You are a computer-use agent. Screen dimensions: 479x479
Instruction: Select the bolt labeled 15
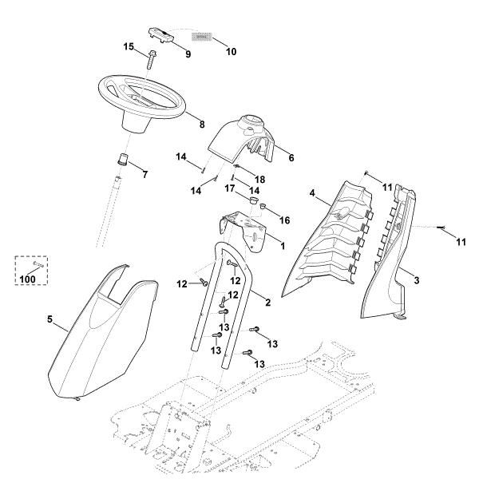(x=151, y=57)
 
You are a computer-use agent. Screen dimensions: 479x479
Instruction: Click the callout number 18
(x=259, y=179)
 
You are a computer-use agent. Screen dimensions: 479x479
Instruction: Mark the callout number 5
(x=50, y=321)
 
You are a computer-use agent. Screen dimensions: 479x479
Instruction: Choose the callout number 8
(x=202, y=125)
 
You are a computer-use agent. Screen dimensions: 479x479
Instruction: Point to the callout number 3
(x=417, y=281)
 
